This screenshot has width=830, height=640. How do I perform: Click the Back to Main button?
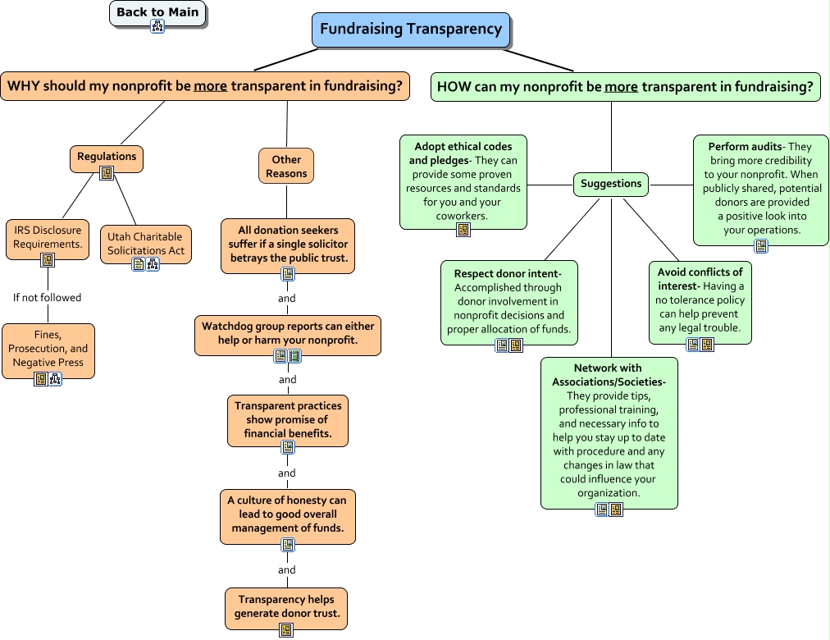pos(157,12)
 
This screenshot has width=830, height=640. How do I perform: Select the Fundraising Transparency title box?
pos(411,30)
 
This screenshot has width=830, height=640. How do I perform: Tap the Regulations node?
pos(107,157)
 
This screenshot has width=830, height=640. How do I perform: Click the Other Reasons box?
pos(286,167)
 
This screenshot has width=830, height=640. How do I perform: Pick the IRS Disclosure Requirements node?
pos(47,237)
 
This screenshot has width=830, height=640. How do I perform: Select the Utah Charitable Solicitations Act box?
pos(146,244)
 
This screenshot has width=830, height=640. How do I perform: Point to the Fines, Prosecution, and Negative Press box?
pos(48,349)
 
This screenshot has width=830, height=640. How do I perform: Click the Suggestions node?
pos(611,184)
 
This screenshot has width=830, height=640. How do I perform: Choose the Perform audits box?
pos(760,189)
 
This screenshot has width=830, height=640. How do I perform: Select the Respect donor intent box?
pos(508,301)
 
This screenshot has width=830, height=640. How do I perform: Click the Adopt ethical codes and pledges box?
pos(463,181)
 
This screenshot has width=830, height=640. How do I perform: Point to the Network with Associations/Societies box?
pos(609,431)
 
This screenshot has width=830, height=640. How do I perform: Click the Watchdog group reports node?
pos(288,333)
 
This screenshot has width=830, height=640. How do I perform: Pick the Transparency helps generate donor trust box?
pos(286,607)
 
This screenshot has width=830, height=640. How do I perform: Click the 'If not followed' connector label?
pos(48,298)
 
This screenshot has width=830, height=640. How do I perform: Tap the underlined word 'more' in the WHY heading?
pos(210,86)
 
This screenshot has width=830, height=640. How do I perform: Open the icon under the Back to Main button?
pos(157,26)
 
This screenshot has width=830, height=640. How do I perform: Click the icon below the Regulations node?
pos(107,172)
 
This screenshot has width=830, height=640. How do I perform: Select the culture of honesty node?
pos(287,514)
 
